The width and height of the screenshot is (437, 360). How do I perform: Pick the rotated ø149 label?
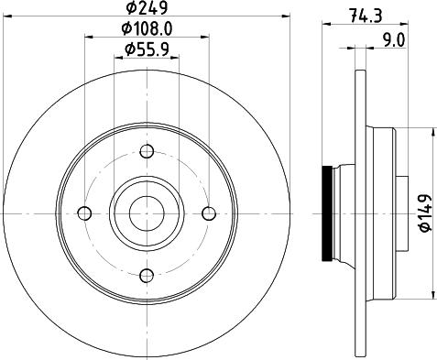423,213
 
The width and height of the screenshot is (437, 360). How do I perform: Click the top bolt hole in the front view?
147,151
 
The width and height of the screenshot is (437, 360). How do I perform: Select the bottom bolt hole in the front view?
147,274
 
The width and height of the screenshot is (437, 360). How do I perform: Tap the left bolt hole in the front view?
85,213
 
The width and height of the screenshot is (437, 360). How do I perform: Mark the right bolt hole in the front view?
208,213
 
